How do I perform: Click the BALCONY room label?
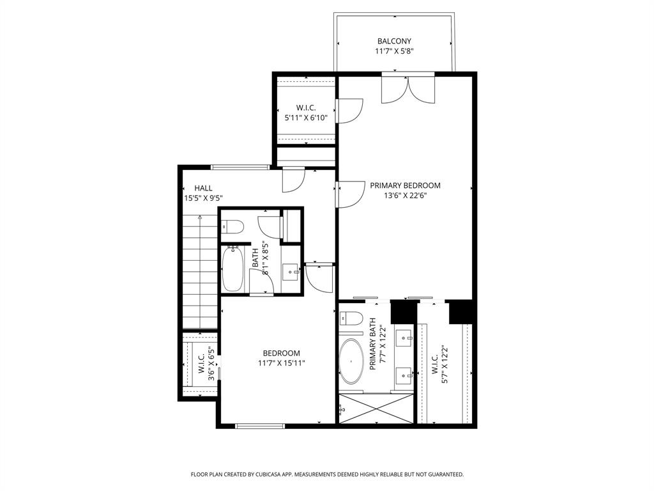point(394,42)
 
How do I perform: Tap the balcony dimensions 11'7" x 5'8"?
point(394,52)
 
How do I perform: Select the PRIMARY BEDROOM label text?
point(405,185)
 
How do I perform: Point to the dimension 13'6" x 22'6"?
point(405,196)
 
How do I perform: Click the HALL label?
point(203,189)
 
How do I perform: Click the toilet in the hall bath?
point(232,226)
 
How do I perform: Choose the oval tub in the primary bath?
point(350,361)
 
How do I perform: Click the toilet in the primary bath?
point(351,318)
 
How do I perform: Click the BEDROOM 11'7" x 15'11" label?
point(282,358)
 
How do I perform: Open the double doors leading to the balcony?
point(408,88)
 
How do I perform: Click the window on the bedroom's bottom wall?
point(260,425)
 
